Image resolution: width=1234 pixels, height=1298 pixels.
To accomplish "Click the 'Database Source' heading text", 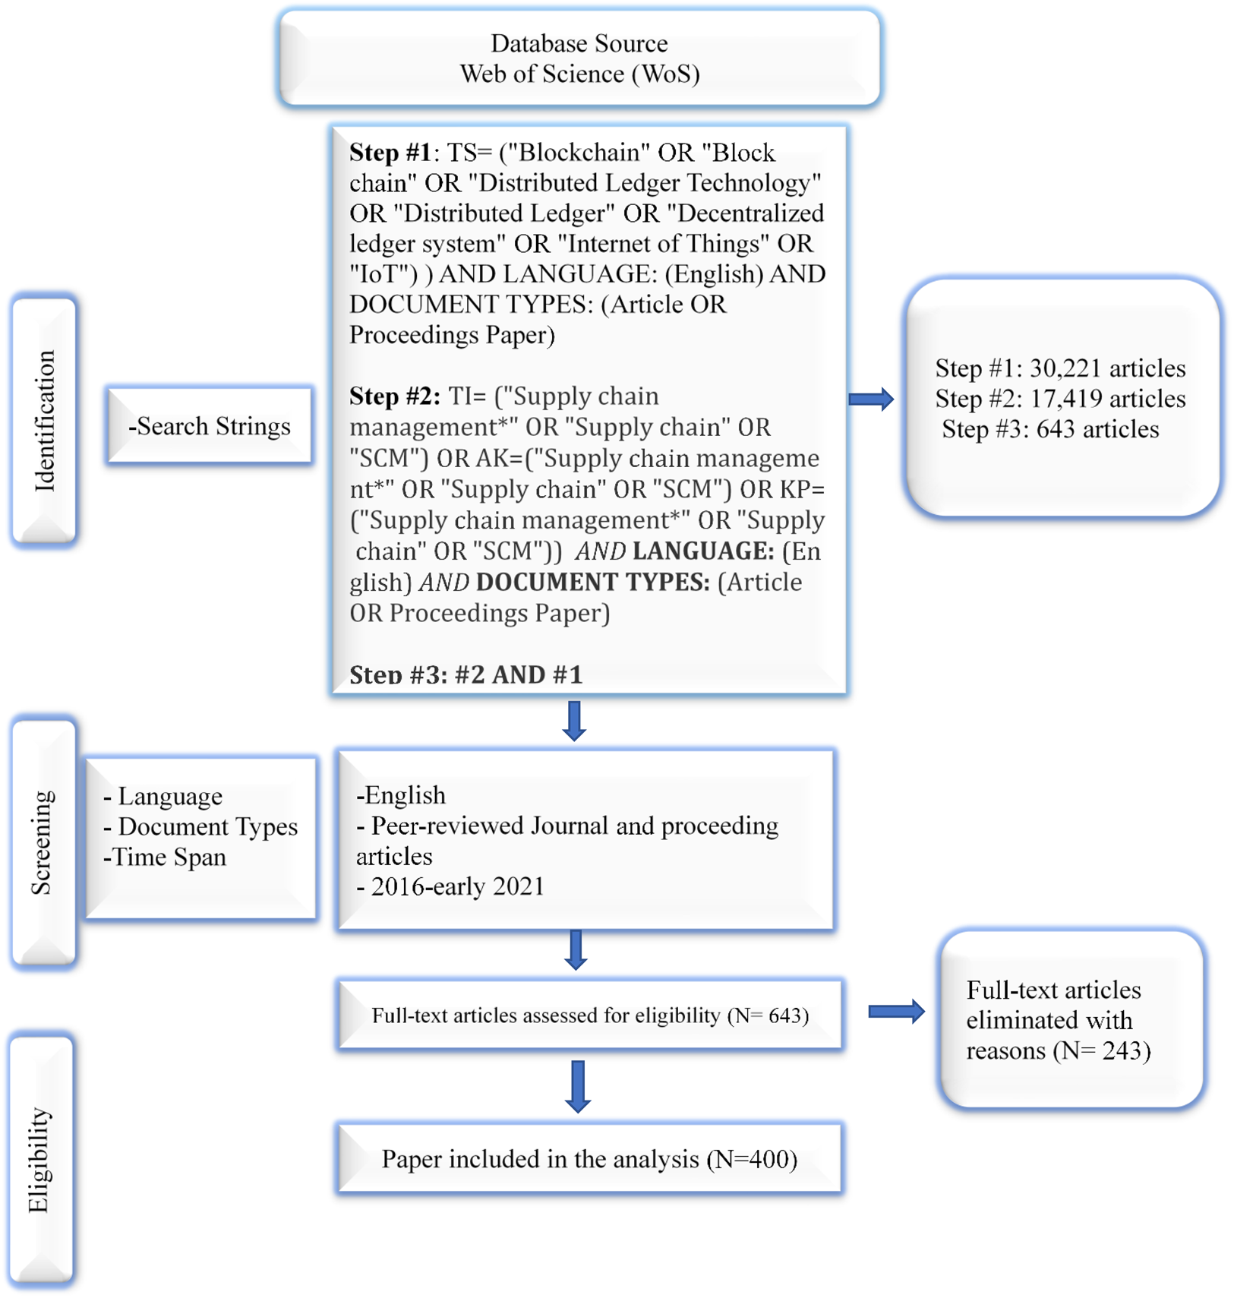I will click(x=579, y=43).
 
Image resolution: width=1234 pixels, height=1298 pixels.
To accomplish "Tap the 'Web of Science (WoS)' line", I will click(x=579, y=74).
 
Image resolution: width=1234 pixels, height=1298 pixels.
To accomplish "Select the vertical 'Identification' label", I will click(x=45, y=421).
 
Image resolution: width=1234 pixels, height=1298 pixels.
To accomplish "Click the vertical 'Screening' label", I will click(x=42, y=842).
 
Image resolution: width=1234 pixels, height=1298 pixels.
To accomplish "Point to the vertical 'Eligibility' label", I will click(x=39, y=1160).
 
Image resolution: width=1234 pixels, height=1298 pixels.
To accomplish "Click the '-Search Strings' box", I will click(x=210, y=426).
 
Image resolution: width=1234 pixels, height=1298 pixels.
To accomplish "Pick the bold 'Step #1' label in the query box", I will click(x=390, y=153).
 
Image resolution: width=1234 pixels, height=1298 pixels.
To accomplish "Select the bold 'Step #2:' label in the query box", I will click(x=394, y=396).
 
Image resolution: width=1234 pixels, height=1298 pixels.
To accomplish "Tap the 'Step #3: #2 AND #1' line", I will click(x=466, y=674).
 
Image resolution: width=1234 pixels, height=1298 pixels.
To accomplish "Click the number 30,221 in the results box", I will click(x=1065, y=368).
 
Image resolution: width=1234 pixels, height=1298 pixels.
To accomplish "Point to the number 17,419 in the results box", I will click(x=1065, y=399).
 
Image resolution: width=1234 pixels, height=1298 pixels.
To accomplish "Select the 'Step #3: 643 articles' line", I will click(x=1050, y=429).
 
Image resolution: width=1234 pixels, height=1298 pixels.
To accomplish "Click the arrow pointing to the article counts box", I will click(x=870, y=399).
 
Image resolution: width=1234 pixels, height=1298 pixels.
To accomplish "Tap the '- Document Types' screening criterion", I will click(x=200, y=826).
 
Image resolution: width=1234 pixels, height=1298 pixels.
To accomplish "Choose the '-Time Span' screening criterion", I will click(x=166, y=857).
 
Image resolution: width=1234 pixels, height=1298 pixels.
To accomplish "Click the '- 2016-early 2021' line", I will click(x=450, y=886).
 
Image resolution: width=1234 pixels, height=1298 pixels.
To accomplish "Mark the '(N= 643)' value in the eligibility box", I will click(x=768, y=1015).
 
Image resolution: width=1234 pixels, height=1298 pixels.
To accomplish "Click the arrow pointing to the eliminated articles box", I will click(x=895, y=1011).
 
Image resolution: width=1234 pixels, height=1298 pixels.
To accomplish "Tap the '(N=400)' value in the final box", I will click(x=752, y=1159).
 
